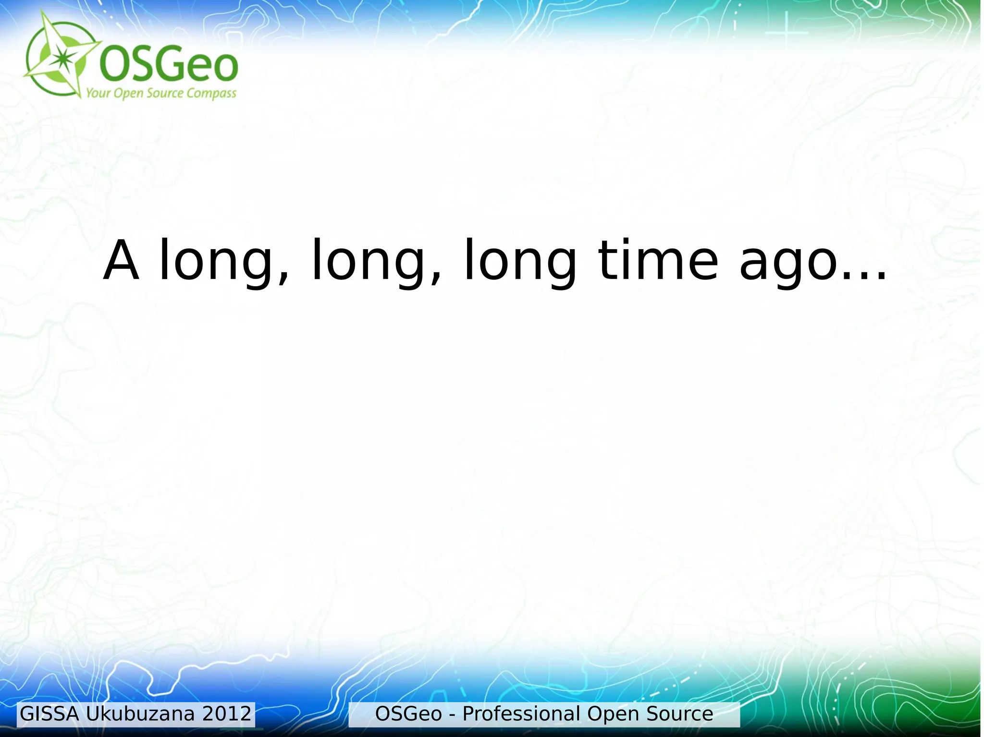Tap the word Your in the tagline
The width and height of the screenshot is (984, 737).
[x=98, y=93]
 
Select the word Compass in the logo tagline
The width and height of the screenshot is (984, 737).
[x=211, y=93]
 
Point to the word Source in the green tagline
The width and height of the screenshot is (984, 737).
[x=165, y=93]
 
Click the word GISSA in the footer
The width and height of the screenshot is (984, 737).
[x=49, y=714]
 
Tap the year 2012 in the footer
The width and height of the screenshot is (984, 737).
[x=227, y=714]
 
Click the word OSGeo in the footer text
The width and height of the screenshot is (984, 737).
[x=408, y=714]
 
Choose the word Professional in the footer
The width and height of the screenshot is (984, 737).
[x=521, y=714]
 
